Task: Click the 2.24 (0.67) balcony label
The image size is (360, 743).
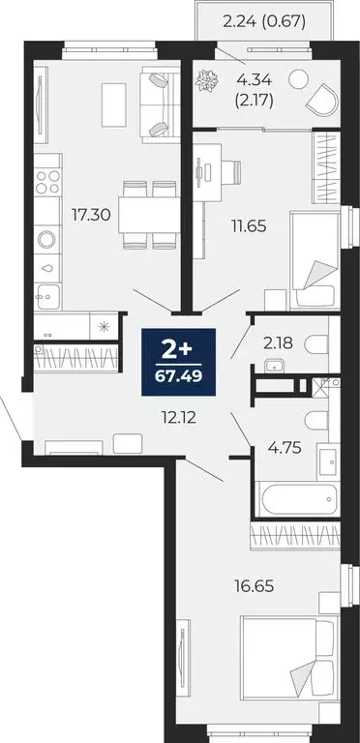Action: coord(263,19)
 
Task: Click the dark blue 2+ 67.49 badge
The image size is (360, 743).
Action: coord(179,360)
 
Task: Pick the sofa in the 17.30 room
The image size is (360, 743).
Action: coord(156,103)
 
